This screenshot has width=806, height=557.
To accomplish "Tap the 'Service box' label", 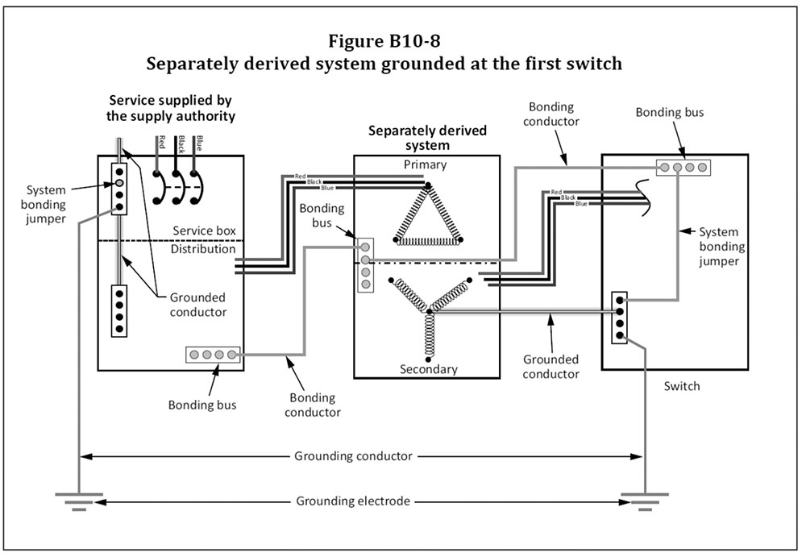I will pos(205,231).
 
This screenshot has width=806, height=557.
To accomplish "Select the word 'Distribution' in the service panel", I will pos(203,249).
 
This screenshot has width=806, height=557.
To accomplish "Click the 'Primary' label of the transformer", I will pos(425,164).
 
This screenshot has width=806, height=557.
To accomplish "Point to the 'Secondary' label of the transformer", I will pos(428,369).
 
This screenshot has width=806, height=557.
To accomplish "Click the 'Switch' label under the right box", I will pos(682,386).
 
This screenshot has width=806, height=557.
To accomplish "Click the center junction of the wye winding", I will pos(429,311).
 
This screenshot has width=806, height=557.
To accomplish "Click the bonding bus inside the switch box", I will pos(682,168).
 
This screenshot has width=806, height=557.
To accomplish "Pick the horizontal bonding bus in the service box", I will pos(213,354).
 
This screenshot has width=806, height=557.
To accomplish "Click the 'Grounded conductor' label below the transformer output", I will pos(550,367).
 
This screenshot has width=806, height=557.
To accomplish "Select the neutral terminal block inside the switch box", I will pos(619,318).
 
